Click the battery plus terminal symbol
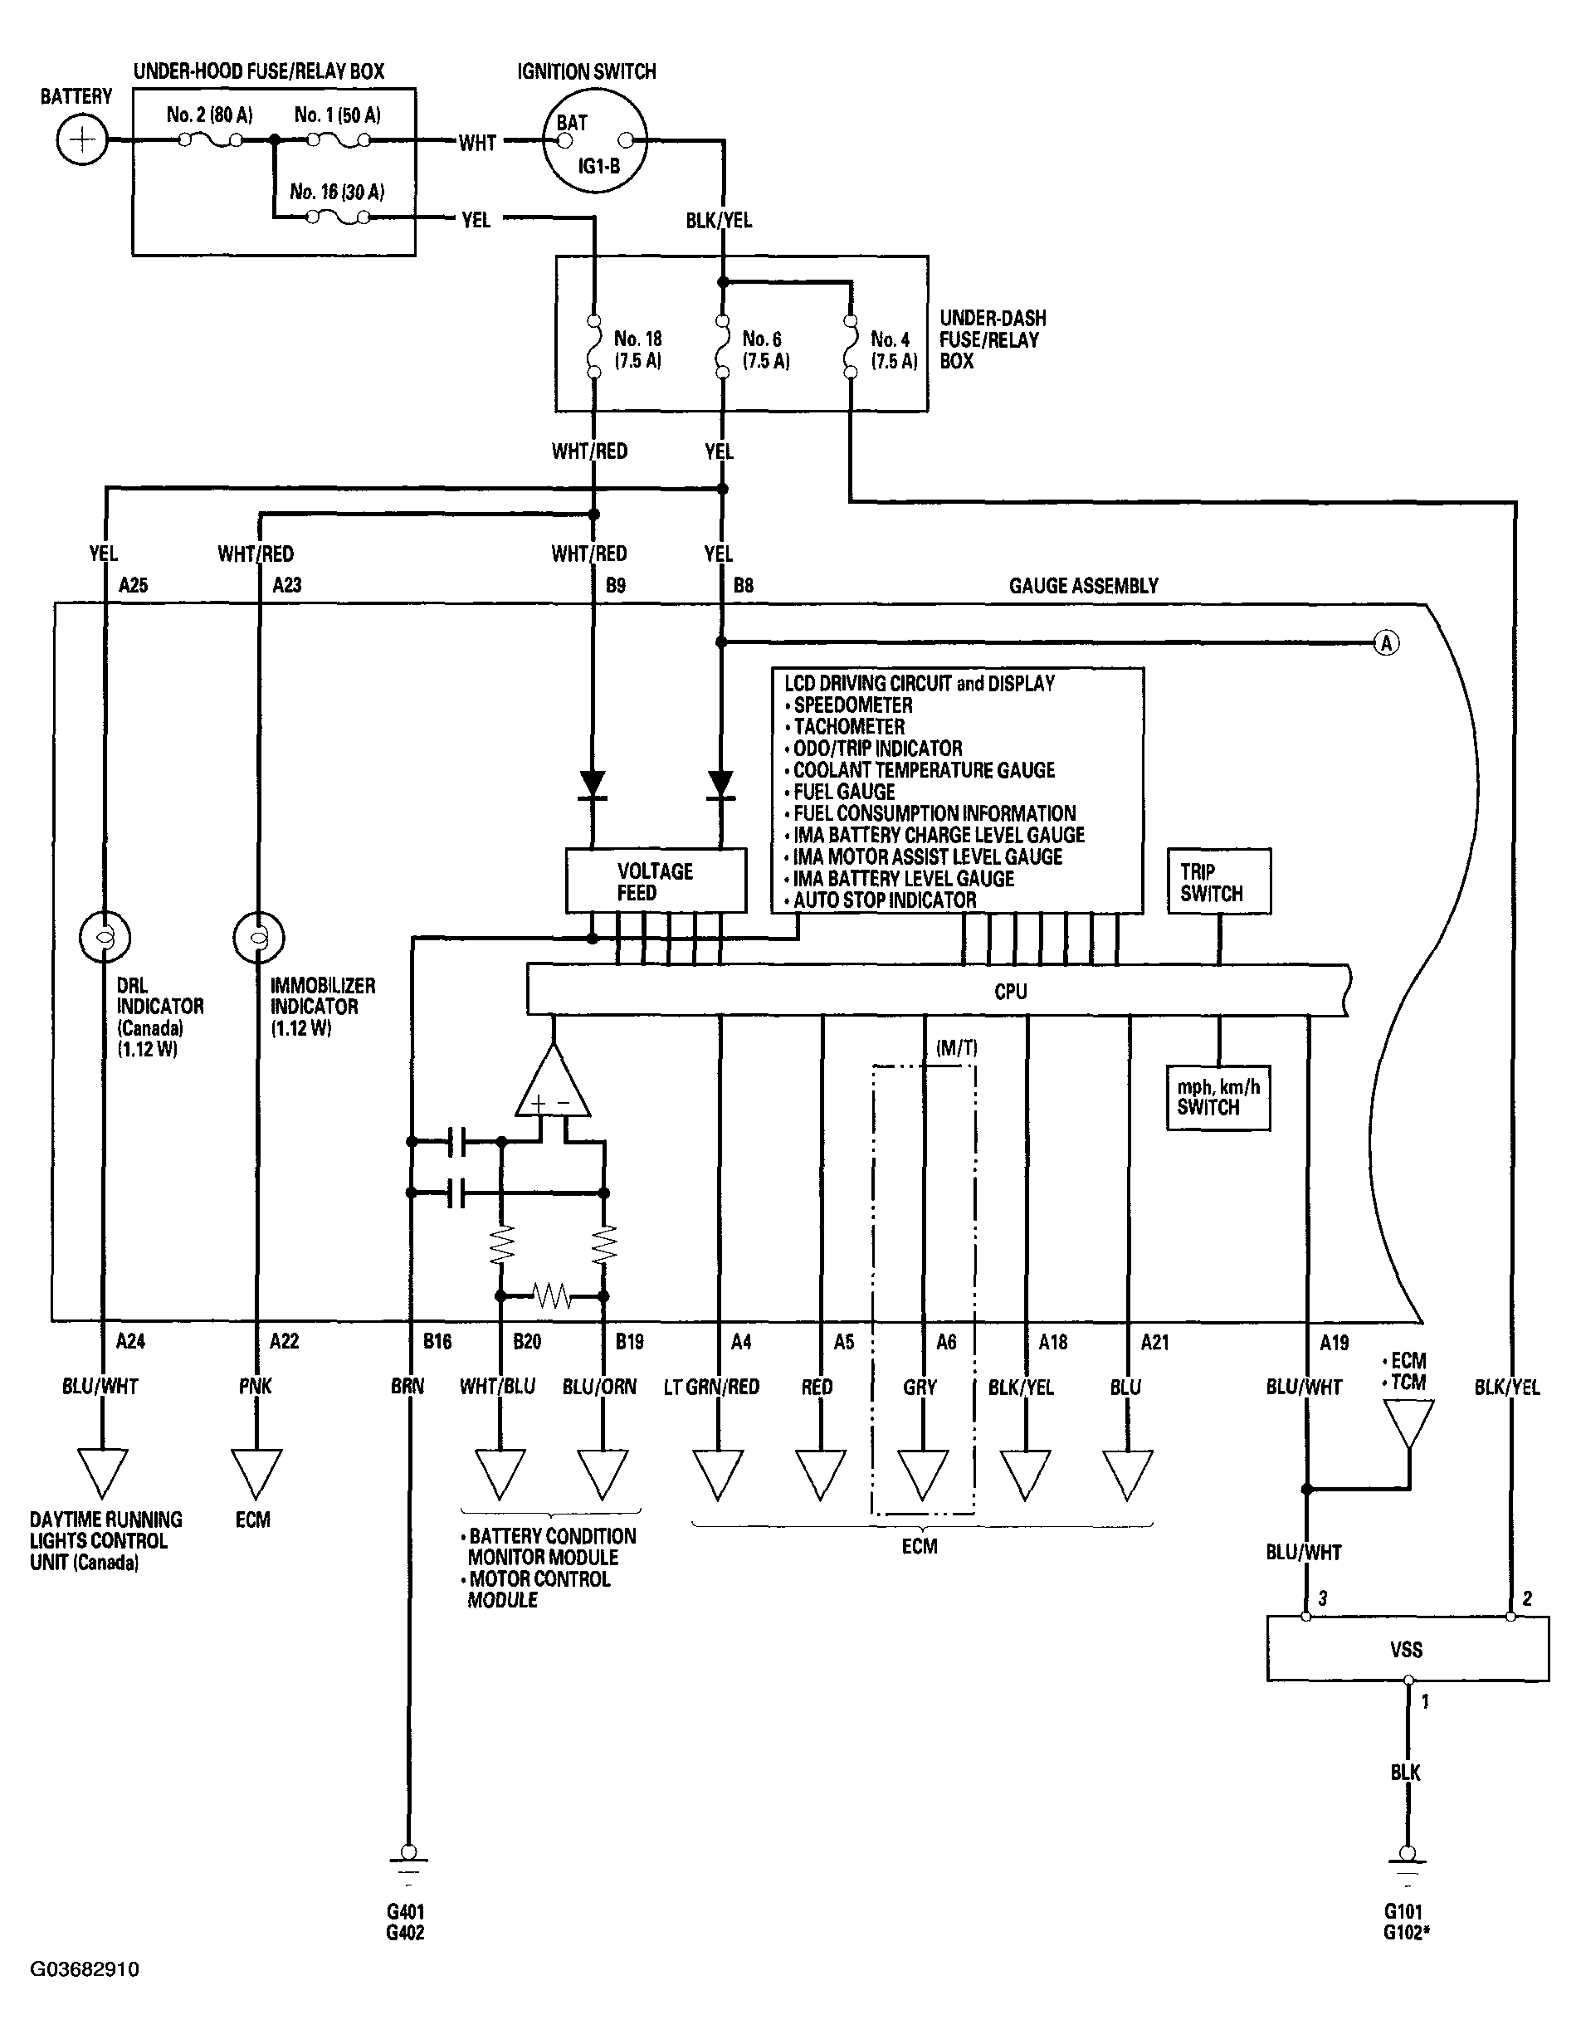[82, 141]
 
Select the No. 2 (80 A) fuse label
[209, 115]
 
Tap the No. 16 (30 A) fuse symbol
[337, 217]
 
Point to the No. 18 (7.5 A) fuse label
[638, 350]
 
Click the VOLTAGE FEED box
[656, 880]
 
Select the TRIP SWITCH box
[1218, 880]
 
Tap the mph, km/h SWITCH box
[1218, 1098]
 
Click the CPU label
[1010, 992]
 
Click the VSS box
[1408, 1649]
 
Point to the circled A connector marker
[1387, 643]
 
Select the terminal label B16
[437, 1342]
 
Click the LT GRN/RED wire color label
[711, 1388]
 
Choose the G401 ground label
[405, 1911]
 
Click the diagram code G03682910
[85, 1969]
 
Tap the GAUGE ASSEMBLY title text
[1083, 585]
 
